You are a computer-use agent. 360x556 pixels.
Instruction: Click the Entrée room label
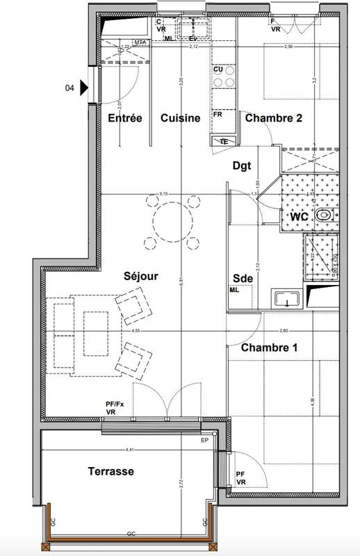125,119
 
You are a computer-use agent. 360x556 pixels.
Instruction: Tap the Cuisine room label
180,119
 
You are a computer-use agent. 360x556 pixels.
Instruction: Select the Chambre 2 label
273,119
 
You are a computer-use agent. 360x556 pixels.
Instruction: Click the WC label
299,216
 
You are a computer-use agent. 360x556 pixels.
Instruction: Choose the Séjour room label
141,276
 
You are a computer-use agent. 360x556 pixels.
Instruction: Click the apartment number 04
69,88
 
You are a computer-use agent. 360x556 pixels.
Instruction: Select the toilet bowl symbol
324,217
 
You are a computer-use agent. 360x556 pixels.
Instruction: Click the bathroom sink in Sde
287,300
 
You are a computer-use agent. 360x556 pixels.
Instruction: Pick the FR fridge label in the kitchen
218,114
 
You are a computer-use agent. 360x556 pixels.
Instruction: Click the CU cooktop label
218,70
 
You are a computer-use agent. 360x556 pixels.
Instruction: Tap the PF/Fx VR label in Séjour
115,407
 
